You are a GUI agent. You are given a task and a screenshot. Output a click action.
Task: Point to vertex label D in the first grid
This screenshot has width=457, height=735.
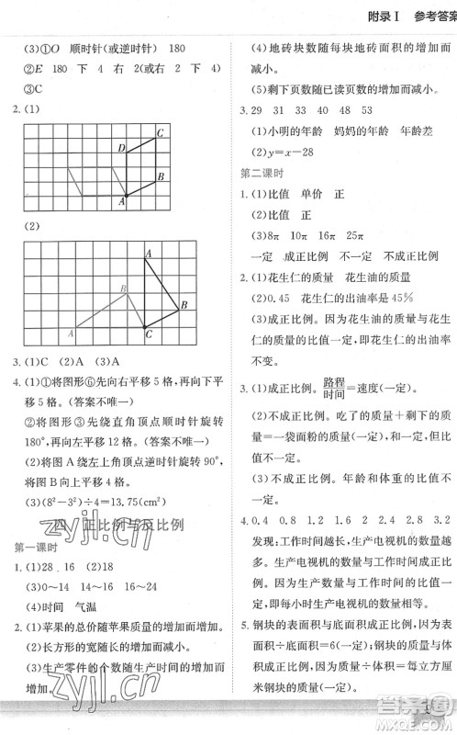tap(121, 148)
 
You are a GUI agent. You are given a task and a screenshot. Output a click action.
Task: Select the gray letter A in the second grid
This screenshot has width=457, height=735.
tap(71, 332)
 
